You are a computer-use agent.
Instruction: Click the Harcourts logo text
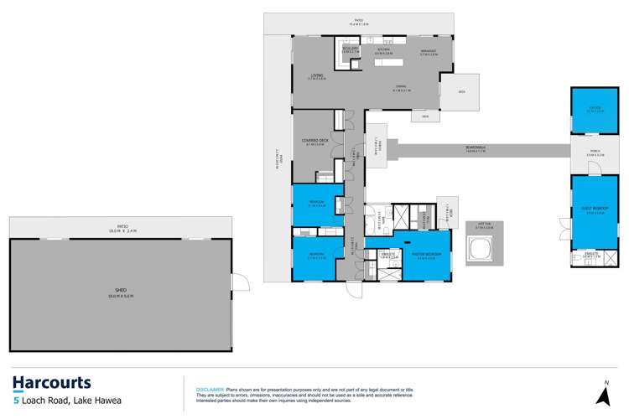click(52, 383)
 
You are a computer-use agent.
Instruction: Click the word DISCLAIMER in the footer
click(209, 390)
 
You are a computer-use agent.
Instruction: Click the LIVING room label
click(316, 78)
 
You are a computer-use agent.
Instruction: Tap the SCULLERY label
click(350, 49)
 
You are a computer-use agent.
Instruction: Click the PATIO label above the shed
click(122, 226)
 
